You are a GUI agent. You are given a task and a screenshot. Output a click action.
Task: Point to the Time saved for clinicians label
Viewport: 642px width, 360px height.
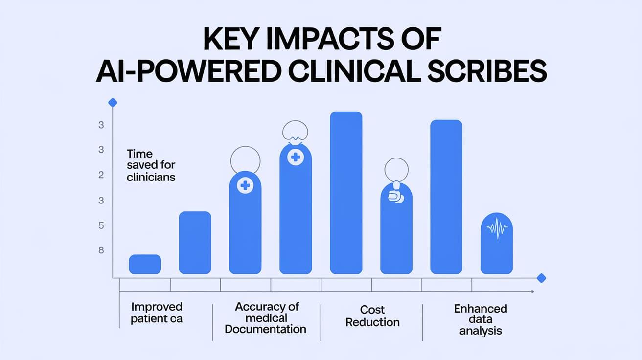(151, 165)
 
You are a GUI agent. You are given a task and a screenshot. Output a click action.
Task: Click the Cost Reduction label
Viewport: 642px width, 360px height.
(372, 316)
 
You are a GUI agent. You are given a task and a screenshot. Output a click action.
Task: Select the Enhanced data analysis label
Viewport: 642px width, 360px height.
(480, 319)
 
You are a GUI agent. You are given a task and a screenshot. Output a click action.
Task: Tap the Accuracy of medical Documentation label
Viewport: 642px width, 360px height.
(266, 317)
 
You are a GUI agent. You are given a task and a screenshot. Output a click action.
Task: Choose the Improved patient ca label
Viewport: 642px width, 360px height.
(157, 313)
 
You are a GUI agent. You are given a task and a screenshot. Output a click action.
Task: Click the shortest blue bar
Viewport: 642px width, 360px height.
(145, 264)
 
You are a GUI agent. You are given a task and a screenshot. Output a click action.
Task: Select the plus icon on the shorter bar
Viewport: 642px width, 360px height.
(245, 185)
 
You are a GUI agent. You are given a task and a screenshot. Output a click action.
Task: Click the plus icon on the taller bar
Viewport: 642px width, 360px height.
(295, 157)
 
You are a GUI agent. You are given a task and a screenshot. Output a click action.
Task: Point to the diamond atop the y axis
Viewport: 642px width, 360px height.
(113, 102)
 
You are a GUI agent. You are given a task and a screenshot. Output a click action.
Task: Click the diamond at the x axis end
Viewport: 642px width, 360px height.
(541, 278)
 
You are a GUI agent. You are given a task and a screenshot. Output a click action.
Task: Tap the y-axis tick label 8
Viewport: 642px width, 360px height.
(101, 250)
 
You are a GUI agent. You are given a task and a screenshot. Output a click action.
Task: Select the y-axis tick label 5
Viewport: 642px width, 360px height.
(101, 226)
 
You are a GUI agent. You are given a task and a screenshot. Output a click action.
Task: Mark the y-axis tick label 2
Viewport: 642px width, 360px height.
(101, 175)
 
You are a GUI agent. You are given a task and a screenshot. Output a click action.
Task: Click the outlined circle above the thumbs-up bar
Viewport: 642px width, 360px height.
(396, 170)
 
